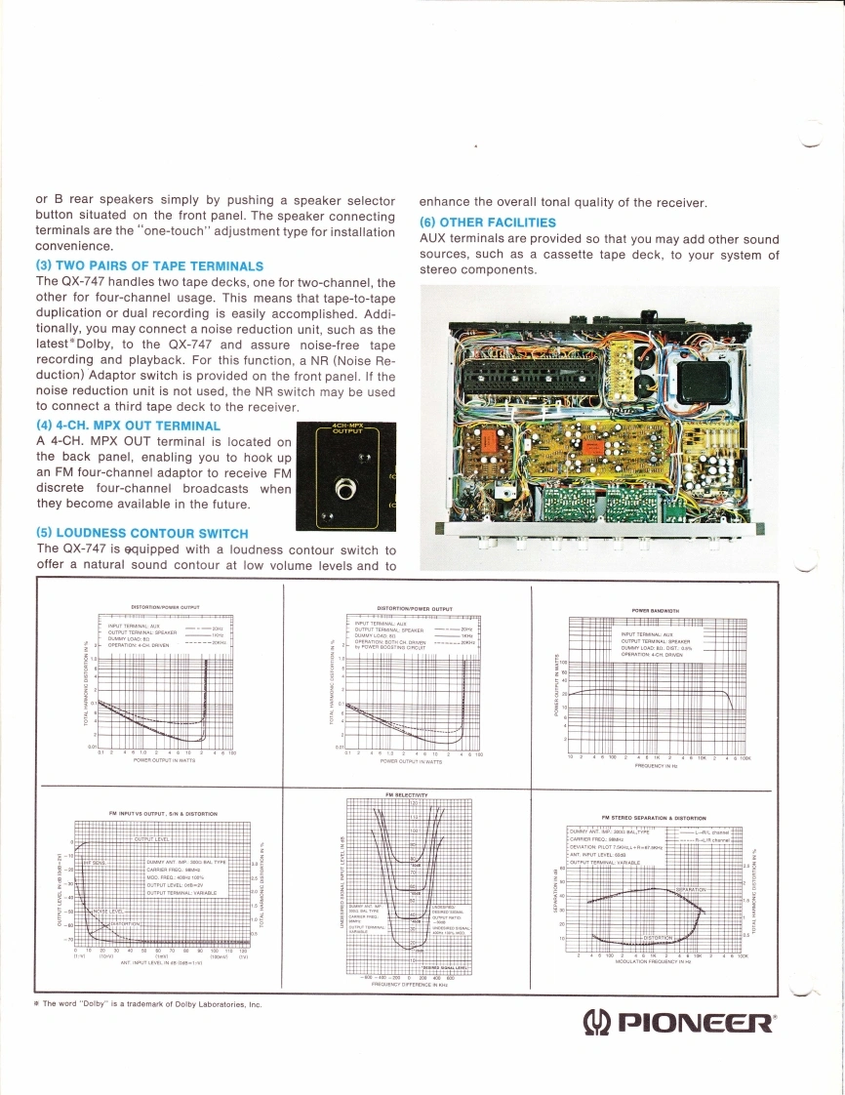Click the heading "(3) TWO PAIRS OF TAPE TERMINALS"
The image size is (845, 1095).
(x=149, y=265)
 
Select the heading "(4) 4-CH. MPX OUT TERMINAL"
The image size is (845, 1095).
(x=127, y=426)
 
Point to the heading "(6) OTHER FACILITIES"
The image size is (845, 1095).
(x=487, y=223)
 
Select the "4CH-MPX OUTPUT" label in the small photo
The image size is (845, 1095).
(x=343, y=432)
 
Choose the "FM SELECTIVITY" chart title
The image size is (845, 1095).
(x=407, y=795)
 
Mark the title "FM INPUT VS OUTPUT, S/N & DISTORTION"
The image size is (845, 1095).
(x=161, y=813)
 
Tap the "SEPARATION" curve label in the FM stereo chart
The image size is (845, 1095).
(x=691, y=889)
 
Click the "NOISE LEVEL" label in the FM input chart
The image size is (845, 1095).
(x=106, y=910)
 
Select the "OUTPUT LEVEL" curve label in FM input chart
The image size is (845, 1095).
(x=152, y=838)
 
